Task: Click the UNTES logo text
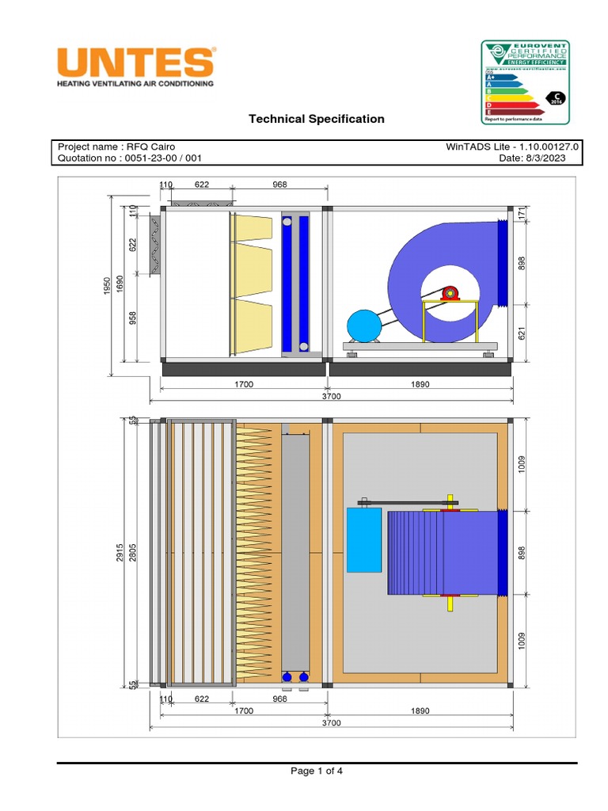[135, 62]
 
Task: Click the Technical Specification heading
[317, 119]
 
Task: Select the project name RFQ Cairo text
[116, 147]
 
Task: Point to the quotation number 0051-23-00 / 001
[135, 158]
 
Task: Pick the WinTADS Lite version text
[513, 147]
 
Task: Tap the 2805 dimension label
[133, 553]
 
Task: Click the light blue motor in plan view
[364, 540]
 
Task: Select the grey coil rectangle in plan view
[295, 553]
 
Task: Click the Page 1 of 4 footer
[317, 771]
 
